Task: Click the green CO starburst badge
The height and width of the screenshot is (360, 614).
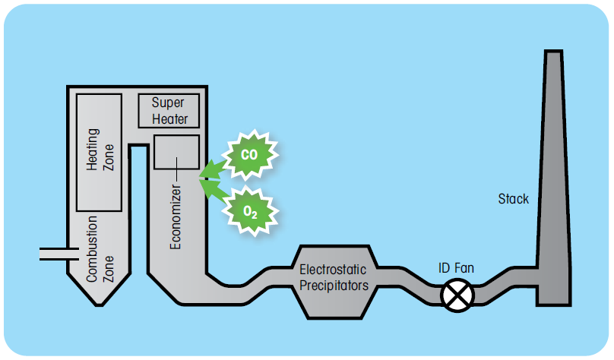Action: pos(249,153)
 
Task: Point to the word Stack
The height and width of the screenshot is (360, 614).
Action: pos(514,200)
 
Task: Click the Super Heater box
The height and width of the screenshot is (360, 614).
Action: pos(169,111)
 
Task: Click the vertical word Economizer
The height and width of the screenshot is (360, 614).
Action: pos(176,216)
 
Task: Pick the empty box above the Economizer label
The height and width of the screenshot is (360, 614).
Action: pos(176,151)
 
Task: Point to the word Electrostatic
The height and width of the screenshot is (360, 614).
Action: pos(334,270)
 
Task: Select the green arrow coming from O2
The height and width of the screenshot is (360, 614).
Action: pos(214,190)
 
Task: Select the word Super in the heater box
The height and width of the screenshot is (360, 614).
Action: pos(169,103)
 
